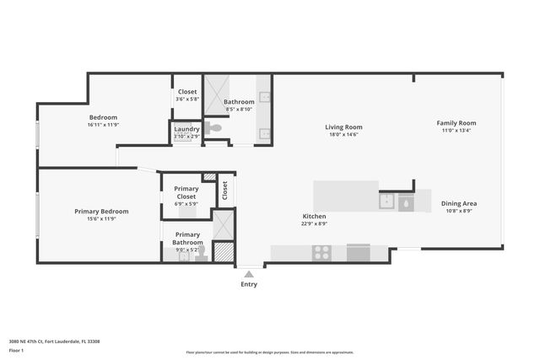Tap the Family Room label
pos(456,123)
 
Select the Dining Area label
pos(459,203)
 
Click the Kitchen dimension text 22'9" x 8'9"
pos(314,224)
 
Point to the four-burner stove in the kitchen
pos(321,251)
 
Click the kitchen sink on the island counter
pos(387,201)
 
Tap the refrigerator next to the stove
pos(358,252)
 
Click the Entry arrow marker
pos(249,273)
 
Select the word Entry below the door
pos(249,284)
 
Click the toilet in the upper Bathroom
pos(215,129)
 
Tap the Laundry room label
pos(186,129)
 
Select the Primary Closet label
pos(186,192)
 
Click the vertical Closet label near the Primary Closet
pos(224,191)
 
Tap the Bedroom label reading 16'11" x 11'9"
pos(103,125)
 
